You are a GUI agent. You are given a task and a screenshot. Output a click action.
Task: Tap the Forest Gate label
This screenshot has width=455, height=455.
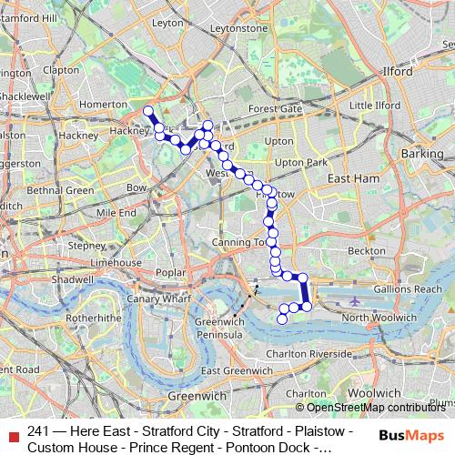275,108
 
